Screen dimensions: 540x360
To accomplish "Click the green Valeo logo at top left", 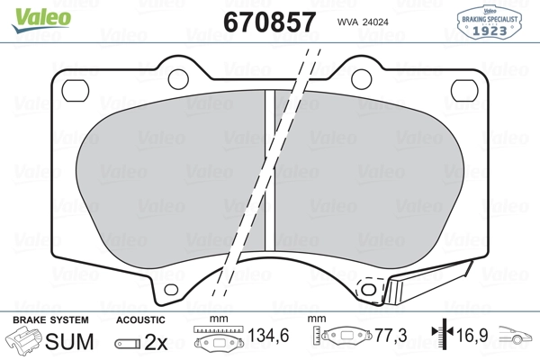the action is click(x=41, y=20).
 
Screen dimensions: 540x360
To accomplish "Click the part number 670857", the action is click(x=270, y=22).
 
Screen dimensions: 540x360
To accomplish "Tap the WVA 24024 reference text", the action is click(x=363, y=22).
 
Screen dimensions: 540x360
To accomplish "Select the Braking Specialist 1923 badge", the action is click(x=490, y=22).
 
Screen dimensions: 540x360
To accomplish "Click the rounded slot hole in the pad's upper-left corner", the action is click(x=75, y=91).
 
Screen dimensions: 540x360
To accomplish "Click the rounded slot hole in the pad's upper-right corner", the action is click(x=464, y=91).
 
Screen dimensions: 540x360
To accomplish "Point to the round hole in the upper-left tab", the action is click(x=178, y=79).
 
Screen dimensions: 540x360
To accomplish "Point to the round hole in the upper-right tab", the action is click(x=361, y=79).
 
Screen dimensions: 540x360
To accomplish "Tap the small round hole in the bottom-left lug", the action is click(x=171, y=290).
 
